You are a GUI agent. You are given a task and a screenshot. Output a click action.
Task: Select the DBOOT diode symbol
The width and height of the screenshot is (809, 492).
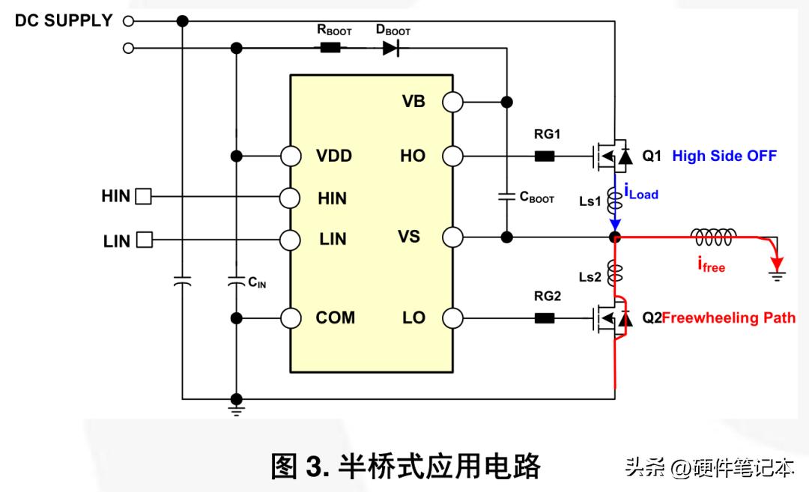(x=391, y=49)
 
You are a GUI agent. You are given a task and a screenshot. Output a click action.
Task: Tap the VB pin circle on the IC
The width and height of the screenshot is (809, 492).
(x=452, y=102)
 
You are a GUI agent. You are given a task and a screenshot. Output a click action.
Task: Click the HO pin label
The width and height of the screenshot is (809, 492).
(x=413, y=156)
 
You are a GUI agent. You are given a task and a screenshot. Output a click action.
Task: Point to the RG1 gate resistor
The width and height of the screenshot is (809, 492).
(x=544, y=157)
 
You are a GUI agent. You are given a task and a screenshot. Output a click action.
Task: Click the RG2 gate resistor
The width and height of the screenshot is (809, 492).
(x=544, y=318)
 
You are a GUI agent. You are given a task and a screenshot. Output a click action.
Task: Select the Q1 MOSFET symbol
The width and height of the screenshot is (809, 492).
(x=608, y=156)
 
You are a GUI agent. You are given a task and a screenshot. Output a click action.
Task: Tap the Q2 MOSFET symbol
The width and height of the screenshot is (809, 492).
(x=608, y=318)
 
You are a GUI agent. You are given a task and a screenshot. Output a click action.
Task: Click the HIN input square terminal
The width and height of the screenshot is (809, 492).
(x=142, y=197)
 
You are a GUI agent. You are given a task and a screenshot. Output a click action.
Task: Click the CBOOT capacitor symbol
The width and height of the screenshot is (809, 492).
(x=507, y=197)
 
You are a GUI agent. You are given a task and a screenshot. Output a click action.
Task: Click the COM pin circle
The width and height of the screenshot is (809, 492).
(x=291, y=318)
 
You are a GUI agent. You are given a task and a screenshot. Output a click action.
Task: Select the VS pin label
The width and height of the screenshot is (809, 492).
(x=409, y=237)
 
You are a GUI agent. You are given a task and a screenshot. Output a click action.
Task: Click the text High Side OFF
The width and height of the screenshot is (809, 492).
(x=724, y=157)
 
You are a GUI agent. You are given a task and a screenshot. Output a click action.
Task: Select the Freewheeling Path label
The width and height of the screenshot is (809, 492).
(x=728, y=318)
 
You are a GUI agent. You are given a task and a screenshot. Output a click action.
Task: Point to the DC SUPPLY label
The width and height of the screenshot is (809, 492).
(x=64, y=21)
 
